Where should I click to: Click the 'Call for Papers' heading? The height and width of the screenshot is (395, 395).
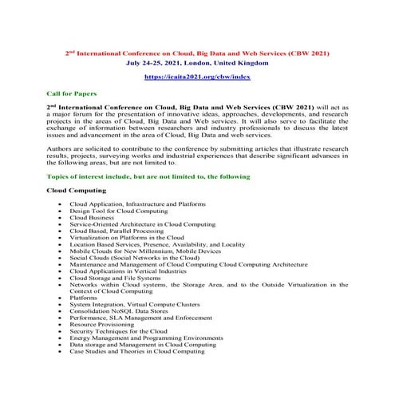point(72,93)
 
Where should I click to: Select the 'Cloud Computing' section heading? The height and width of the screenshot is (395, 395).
point(77,191)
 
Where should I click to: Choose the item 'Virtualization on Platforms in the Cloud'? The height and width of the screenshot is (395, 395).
point(127,238)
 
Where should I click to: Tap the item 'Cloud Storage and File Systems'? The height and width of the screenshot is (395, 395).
point(114,278)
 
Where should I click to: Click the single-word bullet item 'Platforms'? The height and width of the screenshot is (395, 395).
point(85,298)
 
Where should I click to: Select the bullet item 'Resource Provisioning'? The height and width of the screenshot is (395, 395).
point(102,324)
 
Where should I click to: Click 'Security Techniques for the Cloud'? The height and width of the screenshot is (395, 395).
point(118,331)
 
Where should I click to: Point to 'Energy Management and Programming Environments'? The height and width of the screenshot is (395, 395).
point(146,338)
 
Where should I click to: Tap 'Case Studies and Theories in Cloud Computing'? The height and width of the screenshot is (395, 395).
point(136,351)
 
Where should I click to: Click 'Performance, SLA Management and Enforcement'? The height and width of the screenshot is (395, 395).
point(136,318)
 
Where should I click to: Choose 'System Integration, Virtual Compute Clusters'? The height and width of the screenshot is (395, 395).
point(132,305)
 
